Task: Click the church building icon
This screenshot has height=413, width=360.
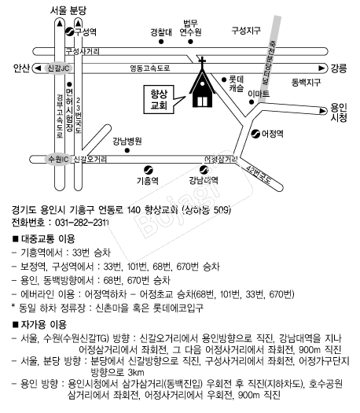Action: point(202,87)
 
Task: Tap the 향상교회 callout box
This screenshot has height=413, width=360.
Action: point(160,100)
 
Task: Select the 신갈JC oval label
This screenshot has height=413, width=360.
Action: point(58,68)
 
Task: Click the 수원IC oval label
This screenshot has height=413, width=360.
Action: point(58,160)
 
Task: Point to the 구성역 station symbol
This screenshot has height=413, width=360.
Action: point(69,32)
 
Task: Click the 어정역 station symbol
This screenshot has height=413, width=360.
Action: point(255,134)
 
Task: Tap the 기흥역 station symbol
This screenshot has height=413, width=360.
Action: point(149,170)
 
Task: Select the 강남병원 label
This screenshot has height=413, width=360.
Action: point(127,141)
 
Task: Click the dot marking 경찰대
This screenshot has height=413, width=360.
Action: point(161,42)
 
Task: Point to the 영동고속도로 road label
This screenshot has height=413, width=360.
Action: point(150,68)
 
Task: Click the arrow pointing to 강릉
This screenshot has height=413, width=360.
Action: point(321,68)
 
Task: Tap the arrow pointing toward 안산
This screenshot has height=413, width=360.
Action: point(39,68)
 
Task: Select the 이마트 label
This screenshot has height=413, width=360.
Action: point(259,94)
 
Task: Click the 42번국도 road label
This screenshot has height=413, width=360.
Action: point(259,175)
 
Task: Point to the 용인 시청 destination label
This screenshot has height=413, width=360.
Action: point(339,112)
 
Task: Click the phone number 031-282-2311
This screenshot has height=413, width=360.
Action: point(82,223)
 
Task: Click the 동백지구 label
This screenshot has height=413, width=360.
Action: point(306,83)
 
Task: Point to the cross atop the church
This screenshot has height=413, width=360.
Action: point(202,61)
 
